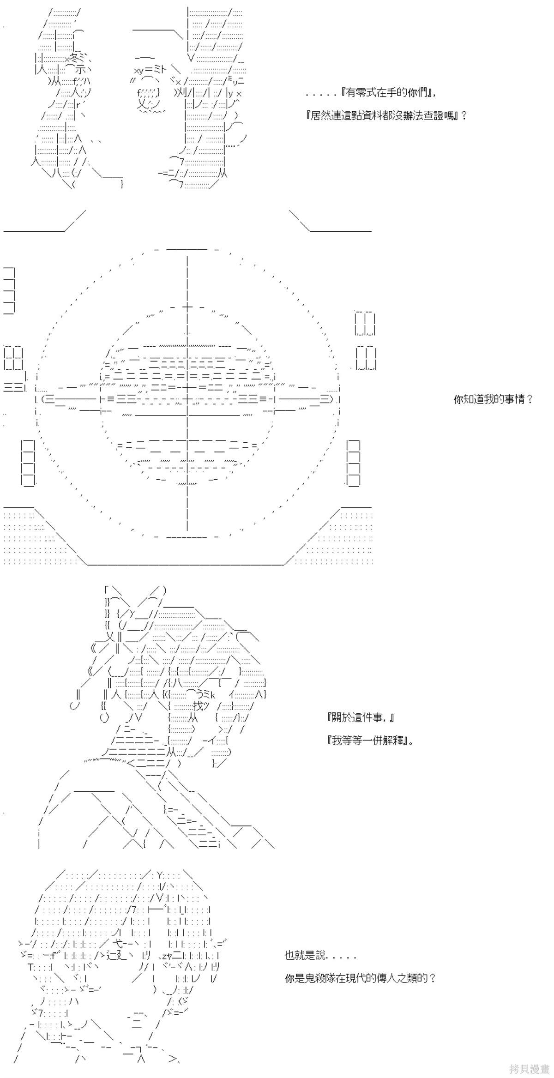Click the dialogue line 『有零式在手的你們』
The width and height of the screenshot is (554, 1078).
click(388, 93)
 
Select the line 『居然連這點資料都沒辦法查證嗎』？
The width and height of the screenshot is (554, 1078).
click(386, 115)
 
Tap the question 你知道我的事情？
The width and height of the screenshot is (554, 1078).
click(494, 399)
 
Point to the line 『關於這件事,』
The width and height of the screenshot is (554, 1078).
click(360, 717)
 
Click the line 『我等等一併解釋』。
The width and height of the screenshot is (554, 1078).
click(370, 741)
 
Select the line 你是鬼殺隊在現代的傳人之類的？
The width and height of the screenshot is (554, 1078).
click(360, 978)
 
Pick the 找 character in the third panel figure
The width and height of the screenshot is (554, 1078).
click(198, 706)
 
